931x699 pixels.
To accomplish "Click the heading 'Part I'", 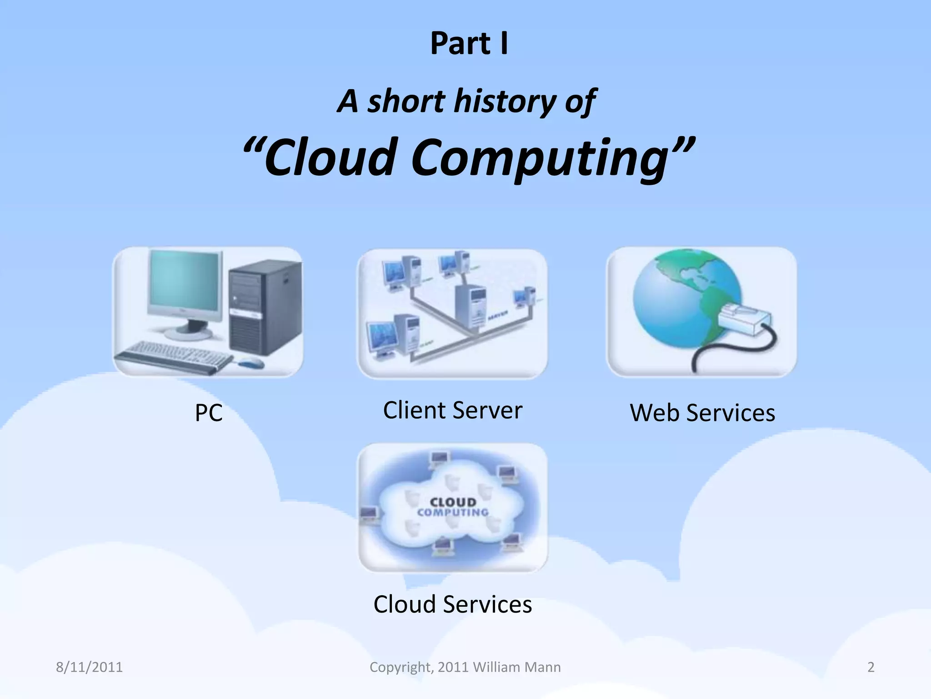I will pyautogui.click(x=469, y=44).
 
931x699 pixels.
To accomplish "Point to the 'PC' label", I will pyautogui.click(x=209, y=413).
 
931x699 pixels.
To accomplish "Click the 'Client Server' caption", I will pyautogui.click(x=452, y=410).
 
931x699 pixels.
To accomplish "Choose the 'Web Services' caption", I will pyautogui.click(x=702, y=413).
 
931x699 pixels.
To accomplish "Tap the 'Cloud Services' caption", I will pyautogui.click(x=452, y=604).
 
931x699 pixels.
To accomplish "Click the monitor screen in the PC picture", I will pyautogui.click(x=184, y=283).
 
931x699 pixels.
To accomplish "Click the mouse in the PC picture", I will pyautogui.click(x=251, y=363).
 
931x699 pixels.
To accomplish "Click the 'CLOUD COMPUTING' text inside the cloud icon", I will pyautogui.click(x=453, y=507).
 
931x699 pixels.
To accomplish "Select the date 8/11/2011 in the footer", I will pyautogui.click(x=89, y=667).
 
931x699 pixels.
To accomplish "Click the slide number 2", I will pyautogui.click(x=871, y=667).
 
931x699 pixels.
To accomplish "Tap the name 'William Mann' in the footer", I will pyautogui.click(x=517, y=667).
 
